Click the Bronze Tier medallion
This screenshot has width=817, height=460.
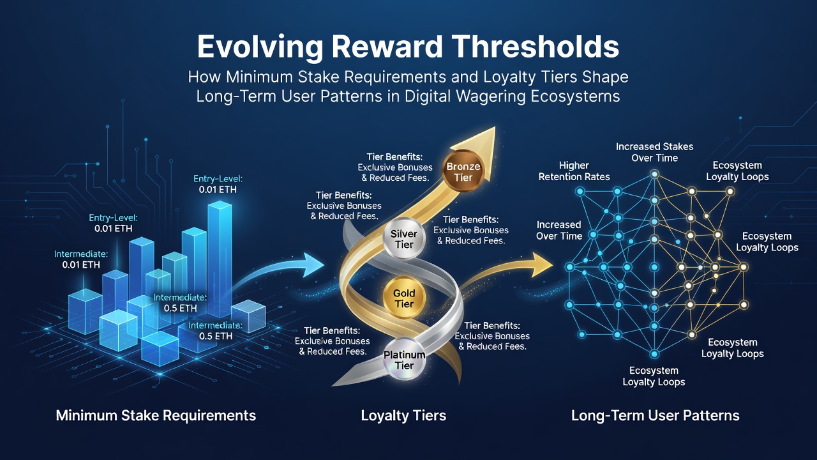[x=463, y=172]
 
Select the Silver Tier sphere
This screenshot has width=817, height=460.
[x=404, y=239]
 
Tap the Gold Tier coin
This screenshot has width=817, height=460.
[x=404, y=298]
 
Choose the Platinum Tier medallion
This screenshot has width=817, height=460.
[x=404, y=360]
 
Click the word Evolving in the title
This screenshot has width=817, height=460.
[x=260, y=47]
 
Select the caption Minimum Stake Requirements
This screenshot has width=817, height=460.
[x=156, y=416]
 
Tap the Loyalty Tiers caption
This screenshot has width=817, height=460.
[x=403, y=416]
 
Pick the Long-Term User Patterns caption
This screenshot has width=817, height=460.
[x=655, y=416]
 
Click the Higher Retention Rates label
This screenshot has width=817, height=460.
[x=574, y=171]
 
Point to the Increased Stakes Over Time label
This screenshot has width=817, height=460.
[x=655, y=152]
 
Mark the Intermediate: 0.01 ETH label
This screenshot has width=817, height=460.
[x=81, y=259]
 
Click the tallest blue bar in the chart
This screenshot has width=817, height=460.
[x=220, y=259]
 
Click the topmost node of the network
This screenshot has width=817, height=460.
[x=655, y=174]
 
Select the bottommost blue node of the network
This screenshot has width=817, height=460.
[x=654, y=354]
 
